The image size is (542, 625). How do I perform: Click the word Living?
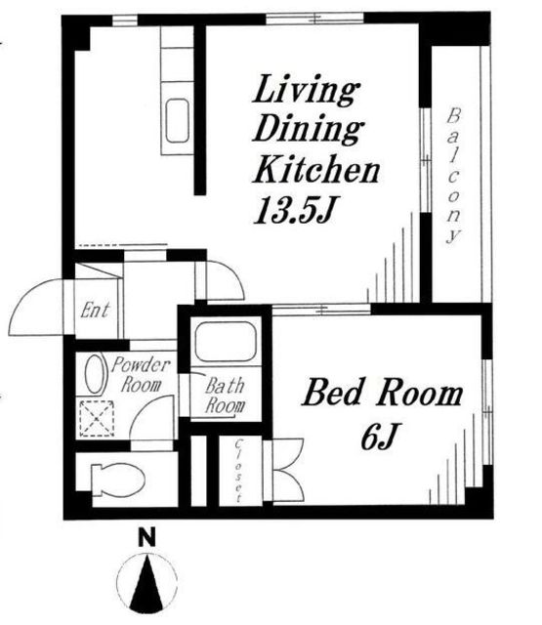[306, 91]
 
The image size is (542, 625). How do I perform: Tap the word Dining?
[308, 129]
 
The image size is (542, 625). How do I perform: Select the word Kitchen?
[315, 169]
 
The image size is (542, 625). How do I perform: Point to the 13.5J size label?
[293, 210]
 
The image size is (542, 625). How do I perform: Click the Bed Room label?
[383, 393]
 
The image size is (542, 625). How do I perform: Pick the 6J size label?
[379, 436]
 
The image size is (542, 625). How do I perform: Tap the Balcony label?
[453, 176]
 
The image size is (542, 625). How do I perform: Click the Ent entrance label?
[95, 311]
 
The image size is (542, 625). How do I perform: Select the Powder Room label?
[141, 375]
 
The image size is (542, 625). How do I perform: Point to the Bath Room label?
[225, 396]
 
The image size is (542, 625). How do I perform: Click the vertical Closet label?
[238, 471]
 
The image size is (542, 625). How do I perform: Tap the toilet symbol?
[117, 480]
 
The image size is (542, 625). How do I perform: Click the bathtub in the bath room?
[225, 342]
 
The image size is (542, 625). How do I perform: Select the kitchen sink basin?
[178, 120]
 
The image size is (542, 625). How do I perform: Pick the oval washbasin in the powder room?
[95, 375]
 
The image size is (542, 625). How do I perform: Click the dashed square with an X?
[97, 419]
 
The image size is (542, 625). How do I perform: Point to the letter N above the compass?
[146, 538]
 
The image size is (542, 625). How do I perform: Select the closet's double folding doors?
[288, 471]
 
